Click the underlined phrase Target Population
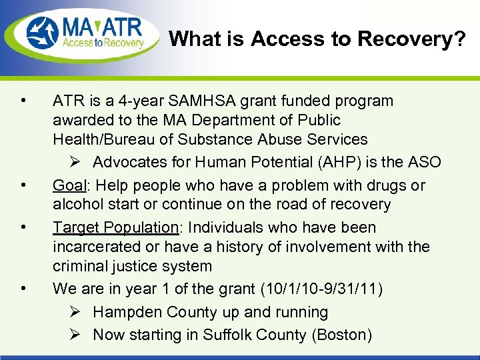pyautogui.click(x=116, y=228)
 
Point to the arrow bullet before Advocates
pyautogui.click(x=75, y=163)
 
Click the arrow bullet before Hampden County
pyautogui.click(x=75, y=312)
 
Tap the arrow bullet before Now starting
pyautogui.click(x=75, y=335)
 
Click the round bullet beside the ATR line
pyautogui.click(x=23, y=101)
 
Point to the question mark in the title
pyautogui.click(x=460, y=39)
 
